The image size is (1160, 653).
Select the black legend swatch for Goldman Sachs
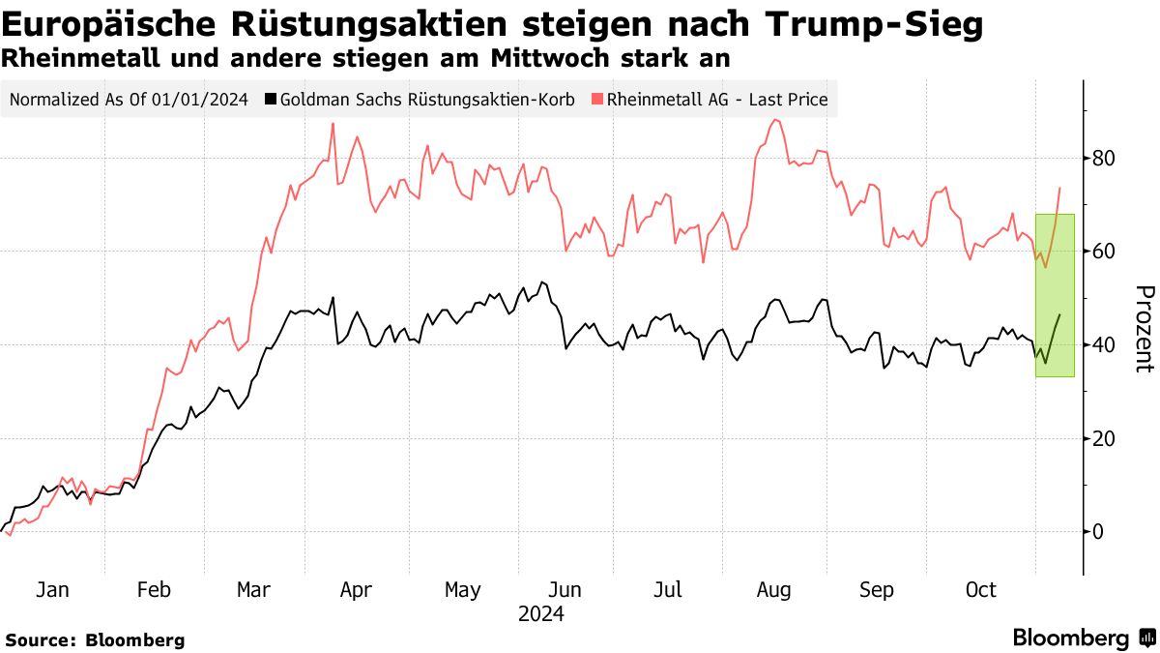(272, 99)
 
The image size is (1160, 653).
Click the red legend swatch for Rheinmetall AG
(598, 99)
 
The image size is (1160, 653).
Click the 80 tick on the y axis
(1104, 158)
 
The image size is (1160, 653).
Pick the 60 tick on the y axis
(1104, 252)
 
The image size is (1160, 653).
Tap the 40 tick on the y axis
(1104, 345)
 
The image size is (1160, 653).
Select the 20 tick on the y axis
(1104, 438)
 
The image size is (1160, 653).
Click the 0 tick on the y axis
(1098, 532)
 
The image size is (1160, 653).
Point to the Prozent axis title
(1143, 329)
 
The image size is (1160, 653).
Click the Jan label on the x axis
(52, 590)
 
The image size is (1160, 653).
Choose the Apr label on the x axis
(357, 590)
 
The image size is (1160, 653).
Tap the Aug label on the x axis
(773, 590)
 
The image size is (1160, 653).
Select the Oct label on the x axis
(980, 590)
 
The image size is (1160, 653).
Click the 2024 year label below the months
(540, 613)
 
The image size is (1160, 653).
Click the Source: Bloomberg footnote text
(95, 639)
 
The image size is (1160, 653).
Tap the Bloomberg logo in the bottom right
(1084, 638)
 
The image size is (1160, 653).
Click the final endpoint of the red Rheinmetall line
(1060, 188)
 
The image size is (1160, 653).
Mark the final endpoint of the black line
(1060, 314)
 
